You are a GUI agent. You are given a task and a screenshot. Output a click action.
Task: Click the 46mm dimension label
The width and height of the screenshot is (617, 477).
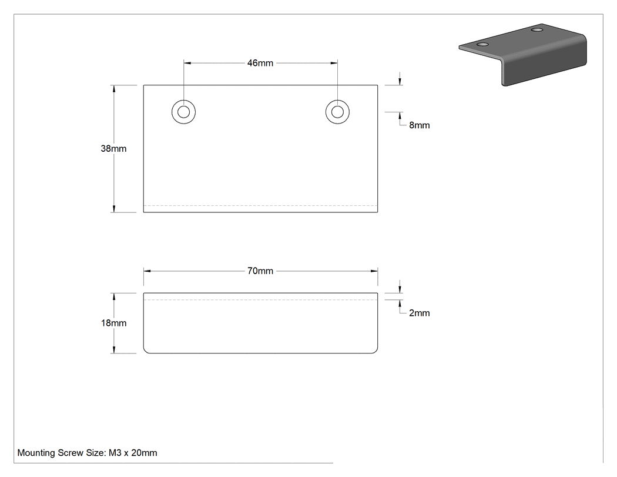pos(260,63)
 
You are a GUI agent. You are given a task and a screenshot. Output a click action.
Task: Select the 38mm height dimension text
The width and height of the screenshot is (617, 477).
pos(114,148)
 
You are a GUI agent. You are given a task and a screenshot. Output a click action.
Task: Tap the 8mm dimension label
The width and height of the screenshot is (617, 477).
pos(420,125)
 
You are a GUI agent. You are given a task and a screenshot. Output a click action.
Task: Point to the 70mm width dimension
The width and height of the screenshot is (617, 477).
pos(260,271)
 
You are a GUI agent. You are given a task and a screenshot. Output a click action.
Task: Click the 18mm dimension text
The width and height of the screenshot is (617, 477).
pos(114,323)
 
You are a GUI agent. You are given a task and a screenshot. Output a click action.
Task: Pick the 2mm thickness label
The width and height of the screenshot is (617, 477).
pos(420,313)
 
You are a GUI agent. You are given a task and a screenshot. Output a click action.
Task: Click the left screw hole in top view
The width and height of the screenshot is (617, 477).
pos(184,112)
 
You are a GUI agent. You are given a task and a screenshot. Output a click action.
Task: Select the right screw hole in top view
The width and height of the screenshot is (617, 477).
pos(338,112)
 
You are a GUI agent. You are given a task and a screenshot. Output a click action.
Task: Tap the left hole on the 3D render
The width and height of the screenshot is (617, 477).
pos(483,44)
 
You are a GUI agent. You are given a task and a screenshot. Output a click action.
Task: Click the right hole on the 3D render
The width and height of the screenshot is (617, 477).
pos(537,30)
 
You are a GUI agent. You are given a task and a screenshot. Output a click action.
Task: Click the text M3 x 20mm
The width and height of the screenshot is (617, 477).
pos(133,453)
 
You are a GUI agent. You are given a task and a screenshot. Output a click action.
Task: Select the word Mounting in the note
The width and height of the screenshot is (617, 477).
pos(36,453)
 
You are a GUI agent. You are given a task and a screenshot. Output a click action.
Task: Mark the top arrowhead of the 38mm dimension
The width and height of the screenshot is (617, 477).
pos(114,89)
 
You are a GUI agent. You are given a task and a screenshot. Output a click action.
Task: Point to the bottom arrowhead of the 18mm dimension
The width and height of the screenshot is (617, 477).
pos(114,349)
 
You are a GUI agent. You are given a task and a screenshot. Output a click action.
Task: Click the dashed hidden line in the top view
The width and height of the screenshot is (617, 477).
pos(260,206)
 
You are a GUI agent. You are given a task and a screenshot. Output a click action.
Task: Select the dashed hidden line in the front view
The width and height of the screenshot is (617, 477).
pos(260,300)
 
